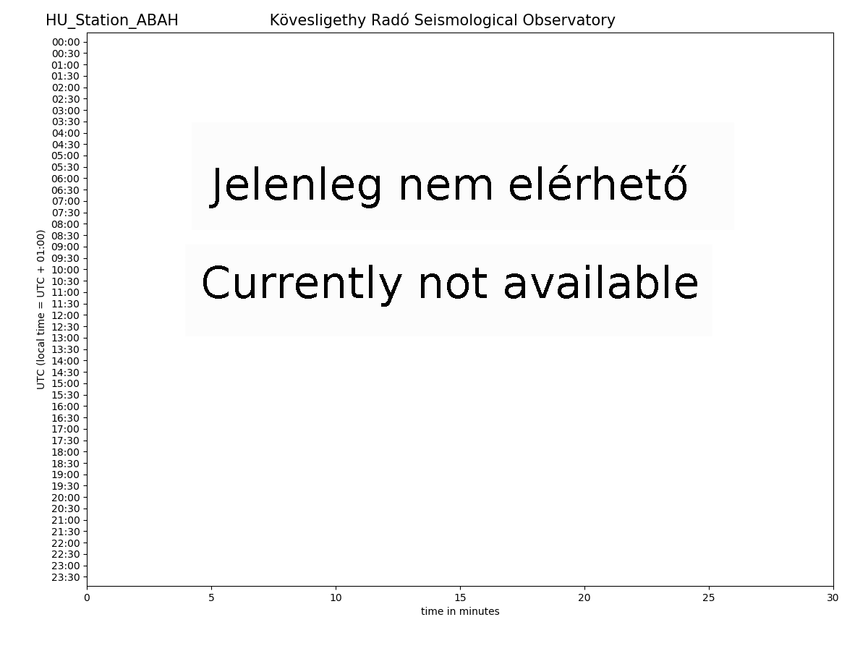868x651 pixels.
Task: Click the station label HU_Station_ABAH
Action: pos(112,20)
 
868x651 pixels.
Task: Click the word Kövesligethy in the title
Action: pos(318,20)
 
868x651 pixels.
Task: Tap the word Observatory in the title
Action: pos(569,20)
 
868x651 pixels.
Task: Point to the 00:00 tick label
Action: pos(66,42)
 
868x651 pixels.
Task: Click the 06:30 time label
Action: pos(66,190)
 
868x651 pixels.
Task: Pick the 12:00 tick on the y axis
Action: pos(66,316)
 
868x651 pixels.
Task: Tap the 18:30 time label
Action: pos(66,464)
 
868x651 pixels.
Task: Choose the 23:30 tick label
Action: pos(66,577)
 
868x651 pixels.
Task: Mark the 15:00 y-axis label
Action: pos(66,384)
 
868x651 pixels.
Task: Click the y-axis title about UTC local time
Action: pos(41,310)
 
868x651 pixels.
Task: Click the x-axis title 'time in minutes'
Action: pos(460,611)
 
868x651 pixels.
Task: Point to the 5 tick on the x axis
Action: pos(211,597)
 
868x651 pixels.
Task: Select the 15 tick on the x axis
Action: pos(460,597)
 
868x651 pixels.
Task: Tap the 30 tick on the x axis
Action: pos(833,597)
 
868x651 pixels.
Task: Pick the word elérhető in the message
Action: pos(598,184)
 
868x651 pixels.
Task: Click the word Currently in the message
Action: pos(302,284)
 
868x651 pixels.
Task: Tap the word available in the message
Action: pos(601,282)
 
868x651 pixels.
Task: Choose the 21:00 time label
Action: pos(66,521)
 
